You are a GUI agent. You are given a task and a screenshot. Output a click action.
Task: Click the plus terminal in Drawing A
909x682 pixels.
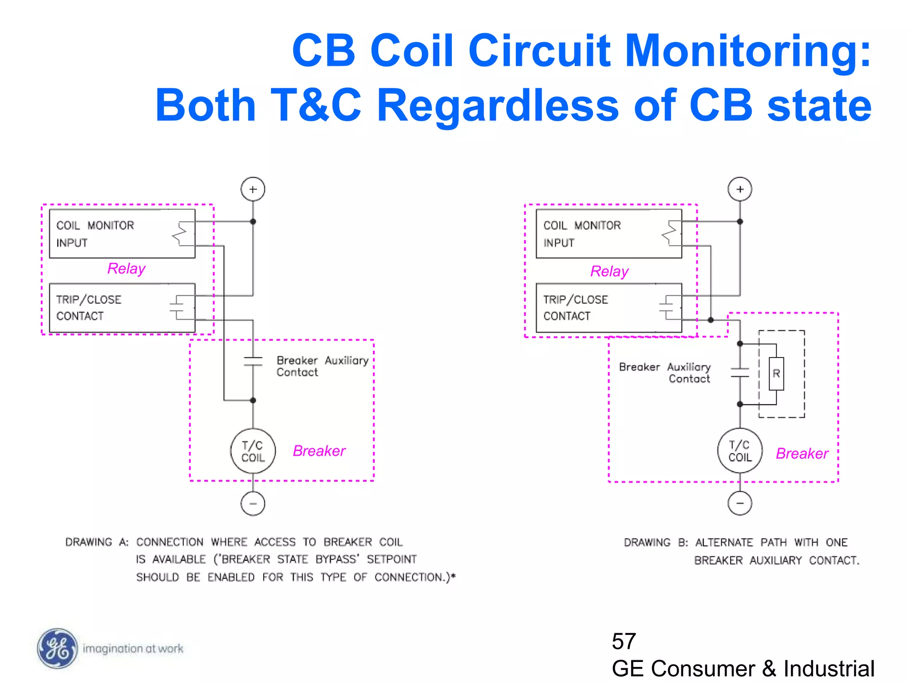(x=253, y=190)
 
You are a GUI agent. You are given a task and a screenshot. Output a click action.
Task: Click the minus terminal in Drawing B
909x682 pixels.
(x=740, y=503)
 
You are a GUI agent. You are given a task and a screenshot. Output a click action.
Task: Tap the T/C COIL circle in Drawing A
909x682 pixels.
(x=253, y=451)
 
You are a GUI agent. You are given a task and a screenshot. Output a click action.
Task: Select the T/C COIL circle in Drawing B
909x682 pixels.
(x=740, y=451)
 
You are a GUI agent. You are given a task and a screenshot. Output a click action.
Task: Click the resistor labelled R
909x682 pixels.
(x=776, y=374)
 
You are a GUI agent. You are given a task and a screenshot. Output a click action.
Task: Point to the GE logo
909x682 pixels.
(x=57, y=649)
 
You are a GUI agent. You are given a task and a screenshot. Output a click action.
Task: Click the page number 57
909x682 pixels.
(x=624, y=641)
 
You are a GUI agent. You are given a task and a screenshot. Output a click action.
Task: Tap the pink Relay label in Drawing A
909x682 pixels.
(x=126, y=269)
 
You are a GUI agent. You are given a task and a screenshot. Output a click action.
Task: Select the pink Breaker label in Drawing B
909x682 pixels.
(x=802, y=453)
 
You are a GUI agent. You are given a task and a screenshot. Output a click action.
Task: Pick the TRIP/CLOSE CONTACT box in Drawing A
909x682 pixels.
(x=122, y=308)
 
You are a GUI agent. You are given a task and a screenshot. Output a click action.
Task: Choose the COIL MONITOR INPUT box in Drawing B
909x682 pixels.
(x=609, y=234)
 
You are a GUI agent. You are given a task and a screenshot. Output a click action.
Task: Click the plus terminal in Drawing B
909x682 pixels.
(x=740, y=190)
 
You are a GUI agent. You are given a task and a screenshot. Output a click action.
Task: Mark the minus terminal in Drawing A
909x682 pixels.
(x=253, y=504)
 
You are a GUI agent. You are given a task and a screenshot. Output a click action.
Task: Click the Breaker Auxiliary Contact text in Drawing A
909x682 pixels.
(x=322, y=366)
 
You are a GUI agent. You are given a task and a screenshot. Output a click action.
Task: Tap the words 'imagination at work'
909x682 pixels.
(x=133, y=649)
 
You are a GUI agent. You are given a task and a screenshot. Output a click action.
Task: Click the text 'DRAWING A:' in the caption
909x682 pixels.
(x=97, y=542)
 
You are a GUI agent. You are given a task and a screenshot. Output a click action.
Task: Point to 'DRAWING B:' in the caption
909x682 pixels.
(x=656, y=543)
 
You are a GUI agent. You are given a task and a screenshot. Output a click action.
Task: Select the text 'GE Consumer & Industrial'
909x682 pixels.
(x=743, y=669)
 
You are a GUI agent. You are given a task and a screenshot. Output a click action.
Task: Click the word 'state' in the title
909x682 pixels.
(x=819, y=106)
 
